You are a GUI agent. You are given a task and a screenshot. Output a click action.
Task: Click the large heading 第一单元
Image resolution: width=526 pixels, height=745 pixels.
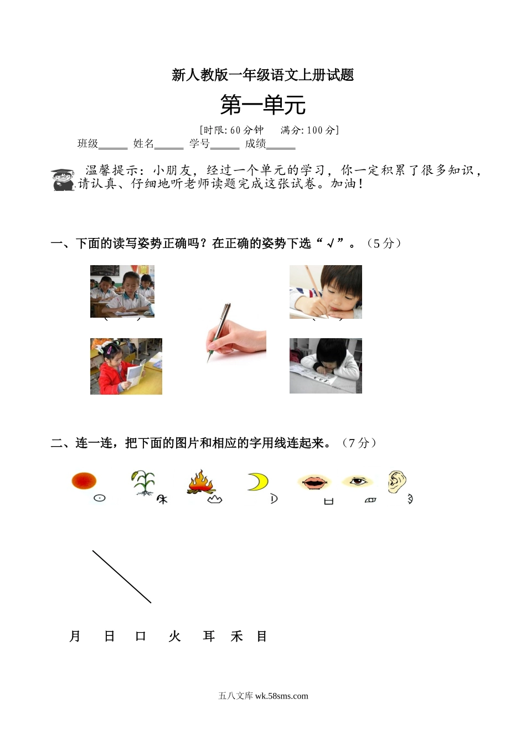[262, 105]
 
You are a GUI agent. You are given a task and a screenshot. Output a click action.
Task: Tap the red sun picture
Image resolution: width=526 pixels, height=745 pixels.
[84, 480]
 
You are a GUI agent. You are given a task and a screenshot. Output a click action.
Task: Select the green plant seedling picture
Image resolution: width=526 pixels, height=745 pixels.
[144, 482]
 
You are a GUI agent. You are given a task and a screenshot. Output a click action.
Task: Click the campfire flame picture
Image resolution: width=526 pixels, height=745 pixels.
[201, 482]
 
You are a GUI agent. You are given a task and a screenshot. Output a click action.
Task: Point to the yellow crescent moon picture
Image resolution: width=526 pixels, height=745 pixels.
[257, 482]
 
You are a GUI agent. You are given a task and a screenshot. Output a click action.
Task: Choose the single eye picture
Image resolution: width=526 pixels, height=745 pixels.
[358, 481]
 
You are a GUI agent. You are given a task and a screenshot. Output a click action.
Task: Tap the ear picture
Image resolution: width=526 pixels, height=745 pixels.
[396, 482]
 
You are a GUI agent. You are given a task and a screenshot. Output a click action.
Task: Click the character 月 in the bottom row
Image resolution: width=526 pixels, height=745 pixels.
[75, 637]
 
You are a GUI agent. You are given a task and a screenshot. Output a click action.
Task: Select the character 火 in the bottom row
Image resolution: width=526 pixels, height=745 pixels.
[174, 637]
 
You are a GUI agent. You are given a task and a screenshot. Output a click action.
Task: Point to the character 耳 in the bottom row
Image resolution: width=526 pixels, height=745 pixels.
[209, 637]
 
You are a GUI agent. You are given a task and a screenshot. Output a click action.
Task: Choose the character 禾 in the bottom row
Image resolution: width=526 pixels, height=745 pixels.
[237, 637]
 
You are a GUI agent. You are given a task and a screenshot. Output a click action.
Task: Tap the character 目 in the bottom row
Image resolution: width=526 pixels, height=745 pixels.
[262, 637]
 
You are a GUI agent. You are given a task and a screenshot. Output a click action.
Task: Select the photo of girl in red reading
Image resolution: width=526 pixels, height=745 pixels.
[126, 366]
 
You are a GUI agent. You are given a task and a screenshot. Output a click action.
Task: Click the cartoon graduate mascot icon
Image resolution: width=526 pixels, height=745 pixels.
[63, 180]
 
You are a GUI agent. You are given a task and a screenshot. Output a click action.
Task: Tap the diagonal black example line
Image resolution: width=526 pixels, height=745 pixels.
[122, 577]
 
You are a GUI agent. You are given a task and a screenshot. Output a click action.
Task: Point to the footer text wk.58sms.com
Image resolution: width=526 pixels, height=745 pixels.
[281, 696]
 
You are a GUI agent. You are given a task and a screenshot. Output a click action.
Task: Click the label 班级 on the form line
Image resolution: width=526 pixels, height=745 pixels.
[87, 144]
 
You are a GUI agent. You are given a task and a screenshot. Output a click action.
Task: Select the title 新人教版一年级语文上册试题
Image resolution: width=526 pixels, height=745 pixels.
[262, 75]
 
